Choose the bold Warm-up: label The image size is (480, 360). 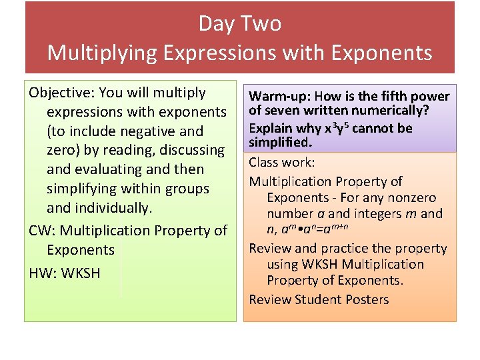[x=279, y=97]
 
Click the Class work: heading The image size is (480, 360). [x=282, y=162]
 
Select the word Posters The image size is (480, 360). [x=364, y=299]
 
